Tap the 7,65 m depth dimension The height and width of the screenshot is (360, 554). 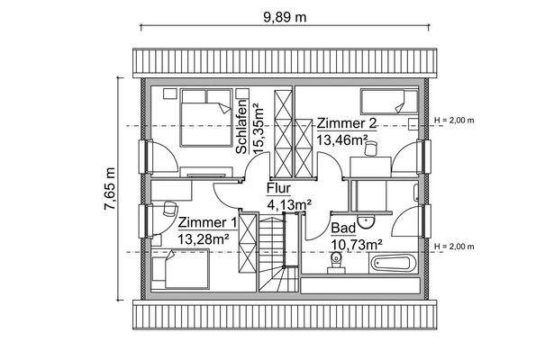(x=110, y=188)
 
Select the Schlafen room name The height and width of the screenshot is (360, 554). (x=242, y=127)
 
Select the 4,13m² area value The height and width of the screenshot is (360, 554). (x=289, y=205)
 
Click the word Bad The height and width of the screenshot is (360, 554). (x=342, y=229)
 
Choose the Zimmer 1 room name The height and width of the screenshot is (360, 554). (x=207, y=222)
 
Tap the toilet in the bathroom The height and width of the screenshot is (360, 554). (x=337, y=262)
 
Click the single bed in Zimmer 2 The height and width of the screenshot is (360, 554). (x=388, y=100)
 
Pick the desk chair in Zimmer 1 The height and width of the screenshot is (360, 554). (x=168, y=211)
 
